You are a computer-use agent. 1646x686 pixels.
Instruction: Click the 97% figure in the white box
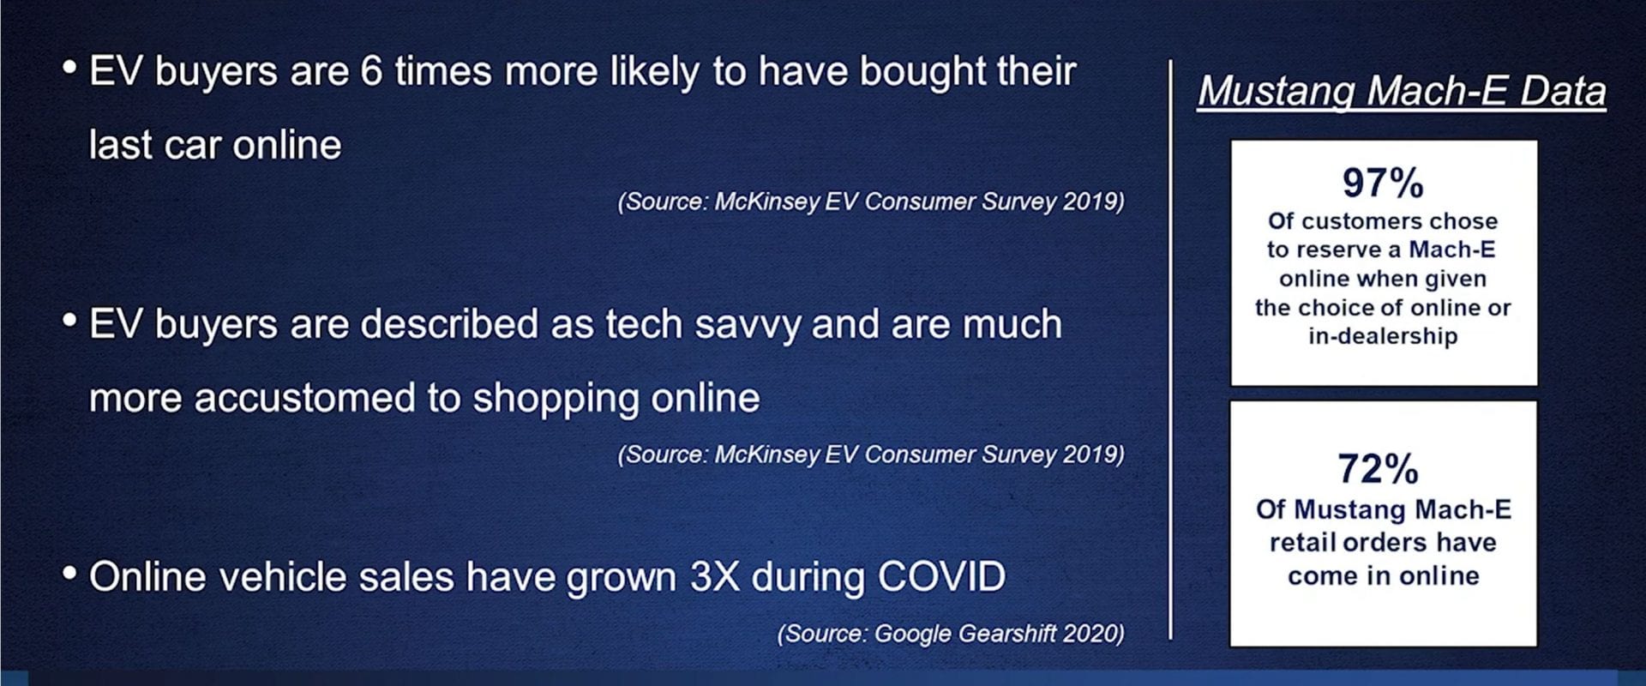coord(1383,183)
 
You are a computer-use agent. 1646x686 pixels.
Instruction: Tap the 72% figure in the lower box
coord(1379,469)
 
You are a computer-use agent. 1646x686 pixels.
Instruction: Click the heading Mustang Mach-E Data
coord(1402,91)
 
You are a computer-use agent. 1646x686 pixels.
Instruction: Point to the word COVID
coord(942,576)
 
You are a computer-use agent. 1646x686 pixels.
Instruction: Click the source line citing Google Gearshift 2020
coord(951,633)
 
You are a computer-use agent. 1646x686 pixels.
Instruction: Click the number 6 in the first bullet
coord(371,71)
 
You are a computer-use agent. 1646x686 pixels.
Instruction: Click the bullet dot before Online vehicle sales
coord(70,571)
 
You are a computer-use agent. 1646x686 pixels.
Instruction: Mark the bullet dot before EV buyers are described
coord(70,319)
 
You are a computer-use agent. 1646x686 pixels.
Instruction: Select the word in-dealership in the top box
coord(1383,336)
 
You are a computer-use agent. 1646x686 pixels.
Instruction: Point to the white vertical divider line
coord(1170,349)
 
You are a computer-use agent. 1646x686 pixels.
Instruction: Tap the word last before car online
coord(121,145)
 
